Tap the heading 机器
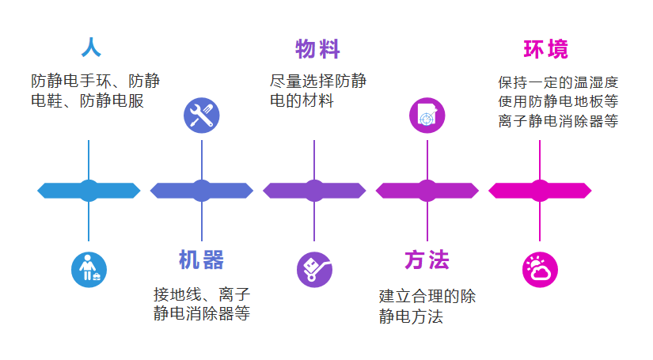point(201,260)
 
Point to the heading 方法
point(427,260)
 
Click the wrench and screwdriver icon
point(201,116)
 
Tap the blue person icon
point(89,269)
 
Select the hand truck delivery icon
point(314,269)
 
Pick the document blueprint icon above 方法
point(427,116)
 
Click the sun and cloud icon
point(540,269)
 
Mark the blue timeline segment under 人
point(89,191)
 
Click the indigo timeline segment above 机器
point(201,191)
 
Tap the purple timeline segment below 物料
point(314,191)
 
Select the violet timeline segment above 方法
point(427,191)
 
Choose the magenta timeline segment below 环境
point(540,191)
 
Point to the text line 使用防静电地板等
point(557,102)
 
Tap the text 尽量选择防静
point(317,81)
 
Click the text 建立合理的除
point(427,297)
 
